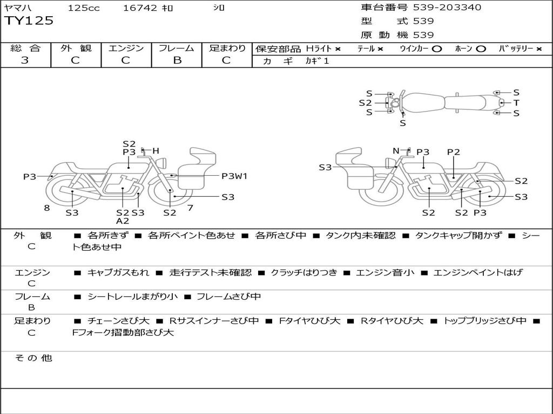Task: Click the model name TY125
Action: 29,21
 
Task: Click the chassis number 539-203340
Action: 447,8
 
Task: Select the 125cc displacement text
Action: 84,8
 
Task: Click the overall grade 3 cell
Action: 25,60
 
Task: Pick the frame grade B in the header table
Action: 177,60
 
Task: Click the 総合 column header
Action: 25,49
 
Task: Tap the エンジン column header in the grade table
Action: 126,49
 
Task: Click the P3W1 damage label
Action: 234,176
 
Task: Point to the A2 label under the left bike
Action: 123,221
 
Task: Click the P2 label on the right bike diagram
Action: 453,152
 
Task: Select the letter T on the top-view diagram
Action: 516,103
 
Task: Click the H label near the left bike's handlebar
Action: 156,151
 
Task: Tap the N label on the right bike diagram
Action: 396,151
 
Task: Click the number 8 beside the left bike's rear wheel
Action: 47,208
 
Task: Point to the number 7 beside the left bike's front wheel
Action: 190,208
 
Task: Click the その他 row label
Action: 32,358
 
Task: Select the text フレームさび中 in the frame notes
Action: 228,296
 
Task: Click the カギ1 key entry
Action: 317,61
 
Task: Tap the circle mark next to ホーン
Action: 481,49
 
